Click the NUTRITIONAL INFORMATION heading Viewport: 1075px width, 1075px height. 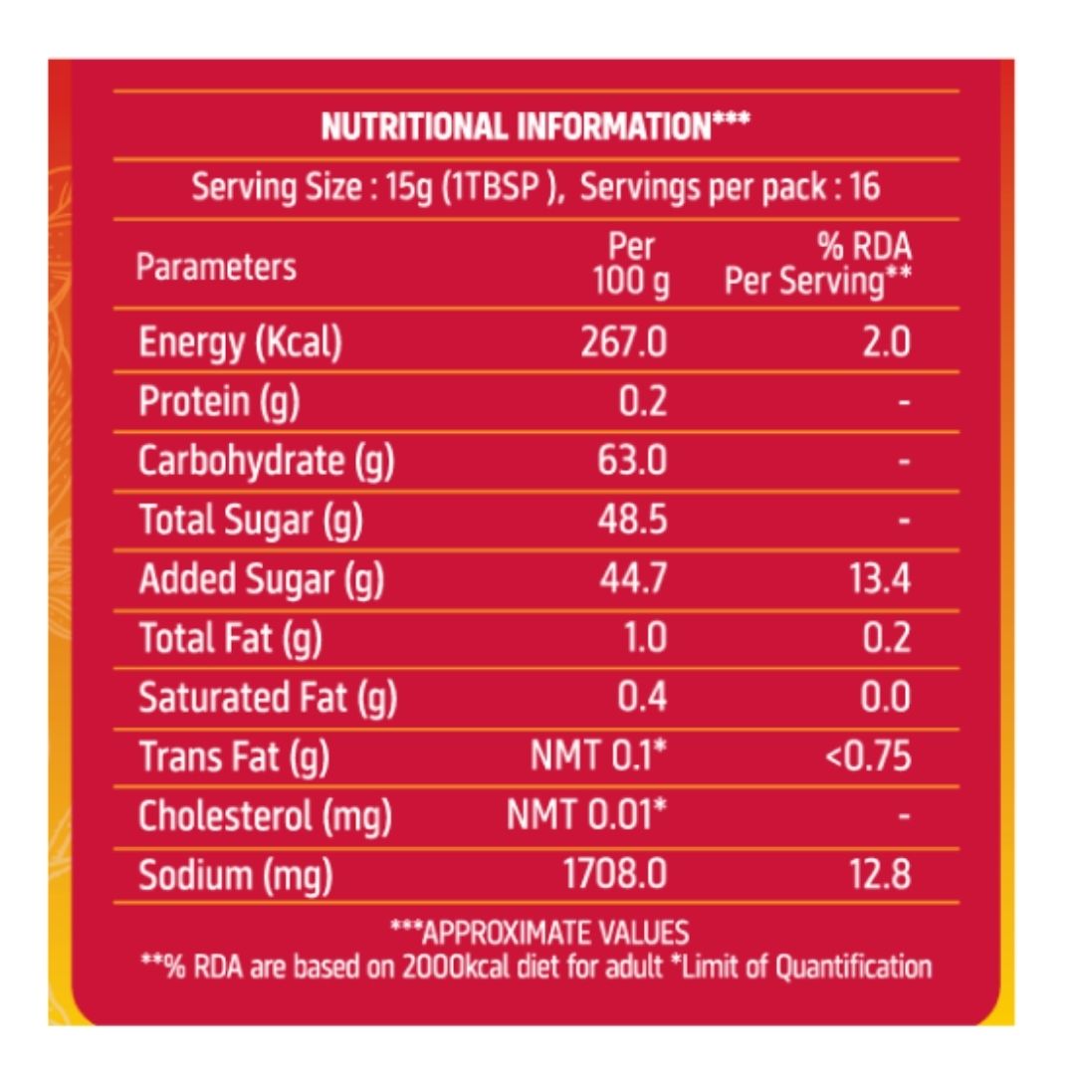pyautogui.click(x=536, y=126)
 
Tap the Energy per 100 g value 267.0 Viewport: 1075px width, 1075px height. pyautogui.click(x=624, y=342)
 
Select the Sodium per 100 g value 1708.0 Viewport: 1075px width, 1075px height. pyautogui.click(x=614, y=875)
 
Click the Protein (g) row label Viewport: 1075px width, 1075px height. pyautogui.click(x=219, y=401)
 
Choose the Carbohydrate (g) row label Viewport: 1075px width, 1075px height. pyautogui.click(x=266, y=461)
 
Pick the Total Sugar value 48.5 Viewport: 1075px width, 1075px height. pyautogui.click(x=632, y=520)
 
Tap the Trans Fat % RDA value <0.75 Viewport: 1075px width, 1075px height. pyautogui.click(x=868, y=756)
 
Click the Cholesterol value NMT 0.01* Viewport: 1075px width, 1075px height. pyautogui.click(x=586, y=816)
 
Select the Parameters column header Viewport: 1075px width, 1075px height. pyautogui.click(x=216, y=267)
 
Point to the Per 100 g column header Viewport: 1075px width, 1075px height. pyautogui.click(x=632, y=266)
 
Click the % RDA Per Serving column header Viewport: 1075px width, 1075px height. pyautogui.click(x=818, y=266)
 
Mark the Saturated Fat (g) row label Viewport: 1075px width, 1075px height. pyautogui.click(x=268, y=698)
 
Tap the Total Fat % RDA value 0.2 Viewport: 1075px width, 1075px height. pyautogui.click(x=886, y=638)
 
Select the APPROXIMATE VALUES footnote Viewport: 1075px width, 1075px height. pyautogui.click(x=538, y=933)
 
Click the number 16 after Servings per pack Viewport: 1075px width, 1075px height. pyautogui.click(x=865, y=187)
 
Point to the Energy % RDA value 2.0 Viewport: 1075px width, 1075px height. pyautogui.click(x=886, y=342)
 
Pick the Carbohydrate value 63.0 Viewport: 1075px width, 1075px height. pyautogui.click(x=632, y=461)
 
